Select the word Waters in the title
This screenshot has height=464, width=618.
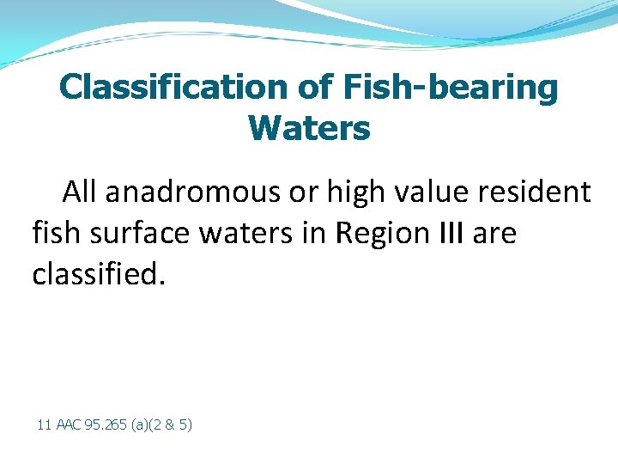click(x=309, y=129)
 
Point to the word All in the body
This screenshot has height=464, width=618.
click(x=80, y=192)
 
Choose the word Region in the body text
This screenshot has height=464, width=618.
click(x=368, y=234)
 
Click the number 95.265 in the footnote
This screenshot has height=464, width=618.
click(x=105, y=424)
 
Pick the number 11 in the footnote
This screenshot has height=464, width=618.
click(x=44, y=424)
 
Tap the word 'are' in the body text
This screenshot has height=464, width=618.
click(x=496, y=234)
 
